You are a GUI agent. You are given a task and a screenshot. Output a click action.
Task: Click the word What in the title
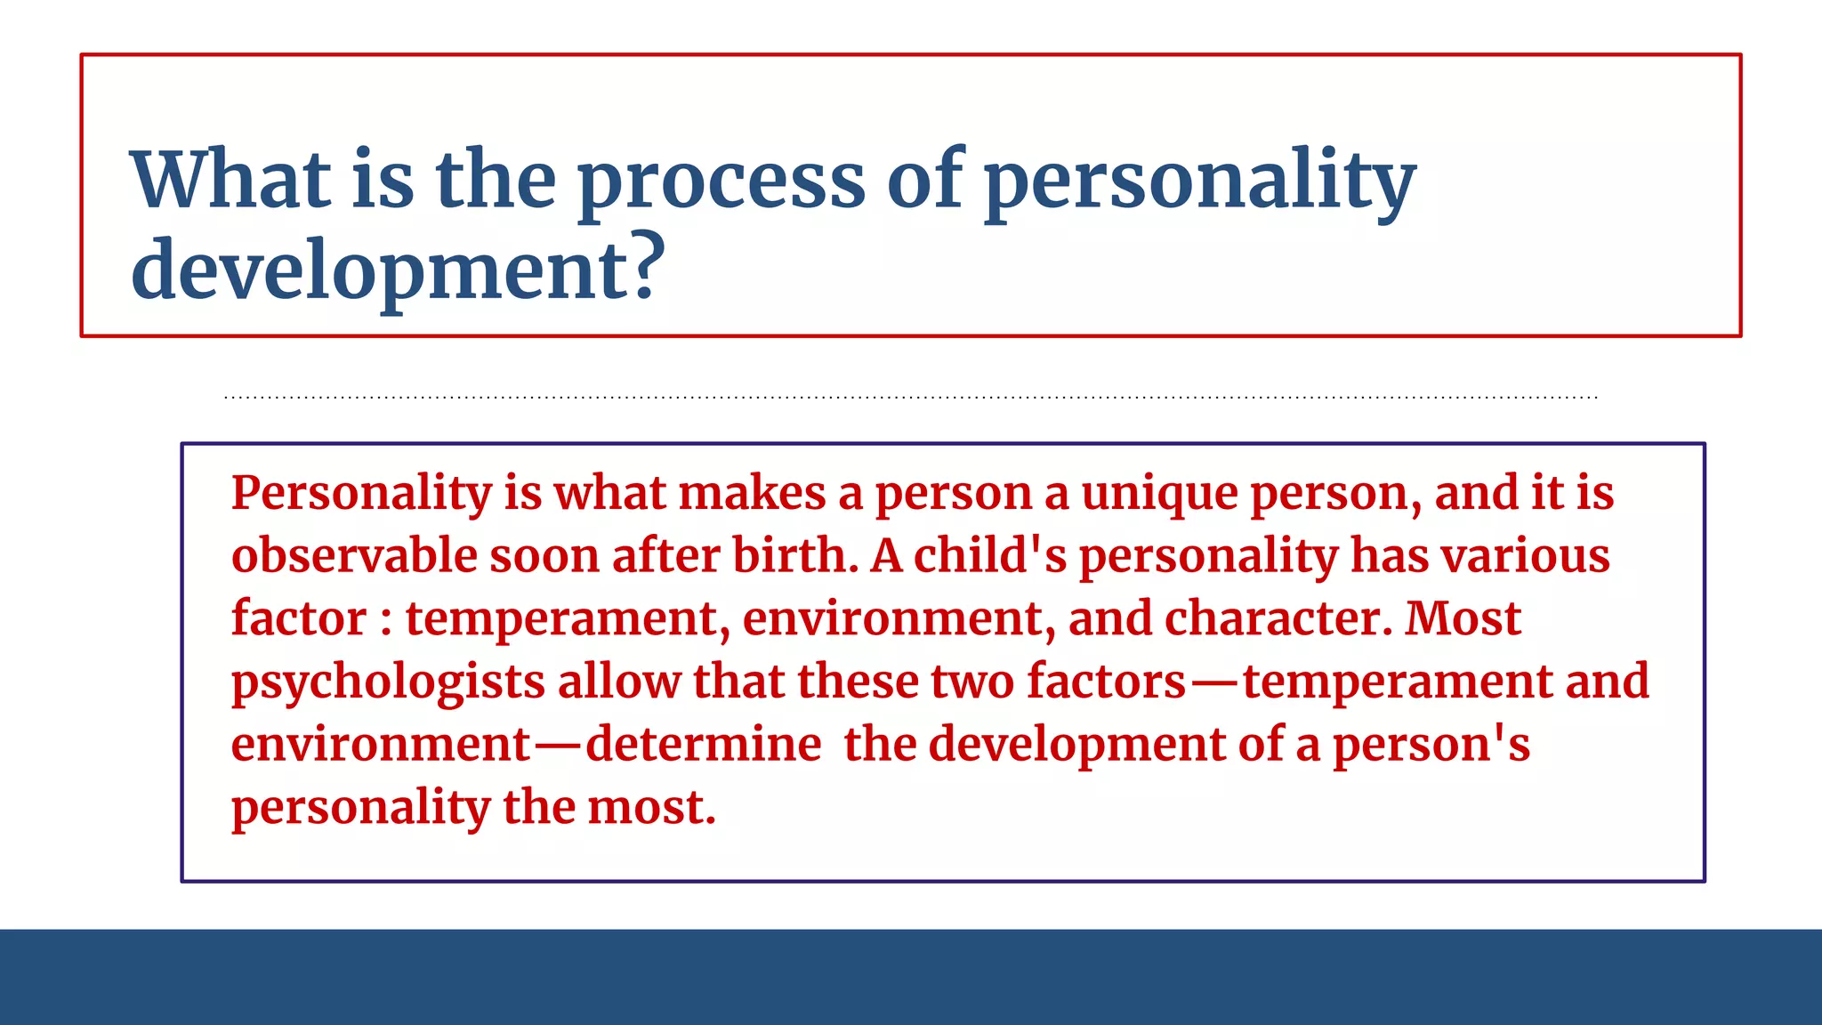click(x=230, y=180)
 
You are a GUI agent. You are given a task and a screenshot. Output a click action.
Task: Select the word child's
click(x=989, y=556)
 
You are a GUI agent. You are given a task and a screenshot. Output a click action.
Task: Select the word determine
click(x=703, y=745)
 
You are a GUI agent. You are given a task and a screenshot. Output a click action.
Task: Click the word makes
click(x=752, y=494)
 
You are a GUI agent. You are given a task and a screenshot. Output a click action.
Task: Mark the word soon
click(x=544, y=558)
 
